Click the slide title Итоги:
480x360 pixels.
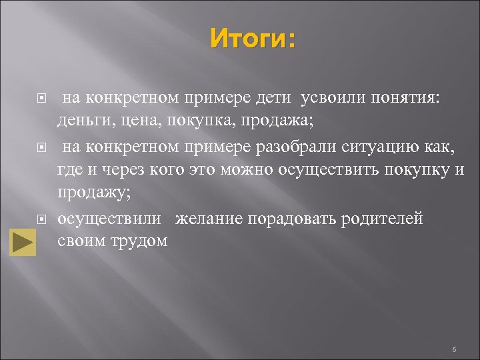252,39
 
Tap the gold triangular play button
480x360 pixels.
23,242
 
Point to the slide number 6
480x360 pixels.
453,349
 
